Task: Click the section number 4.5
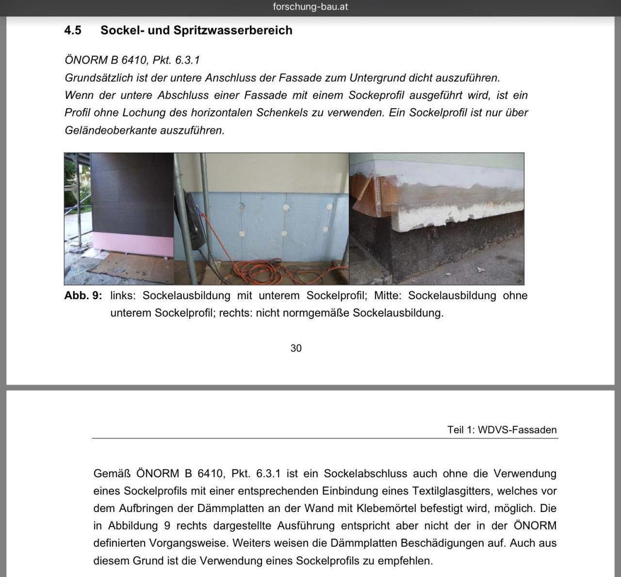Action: point(73,31)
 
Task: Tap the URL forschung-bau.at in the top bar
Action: point(310,7)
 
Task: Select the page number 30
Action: point(296,348)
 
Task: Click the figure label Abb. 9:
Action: point(83,296)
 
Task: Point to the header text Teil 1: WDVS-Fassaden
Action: point(502,430)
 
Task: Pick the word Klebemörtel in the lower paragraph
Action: point(385,509)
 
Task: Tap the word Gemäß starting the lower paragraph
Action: point(112,474)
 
